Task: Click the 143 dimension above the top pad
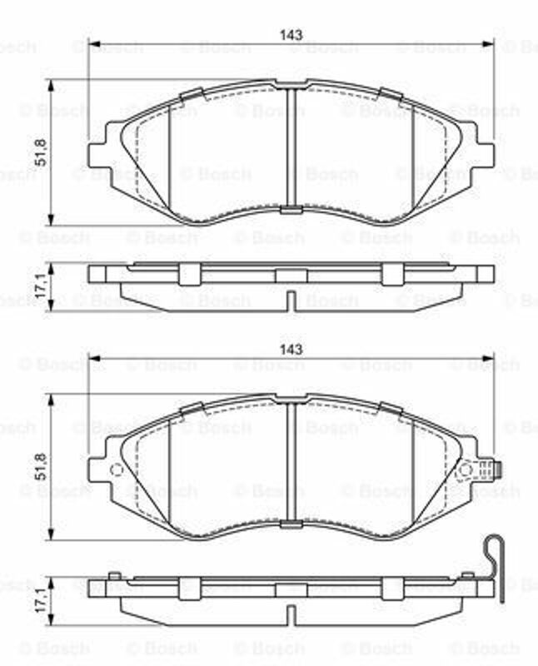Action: point(291,35)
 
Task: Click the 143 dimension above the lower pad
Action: point(291,349)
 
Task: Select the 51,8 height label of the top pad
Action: point(41,152)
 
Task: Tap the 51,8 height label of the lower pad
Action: point(41,466)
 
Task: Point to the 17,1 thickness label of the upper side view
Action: point(41,288)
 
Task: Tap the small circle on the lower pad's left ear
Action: point(116,470)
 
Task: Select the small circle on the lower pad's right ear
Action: point(466,470)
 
